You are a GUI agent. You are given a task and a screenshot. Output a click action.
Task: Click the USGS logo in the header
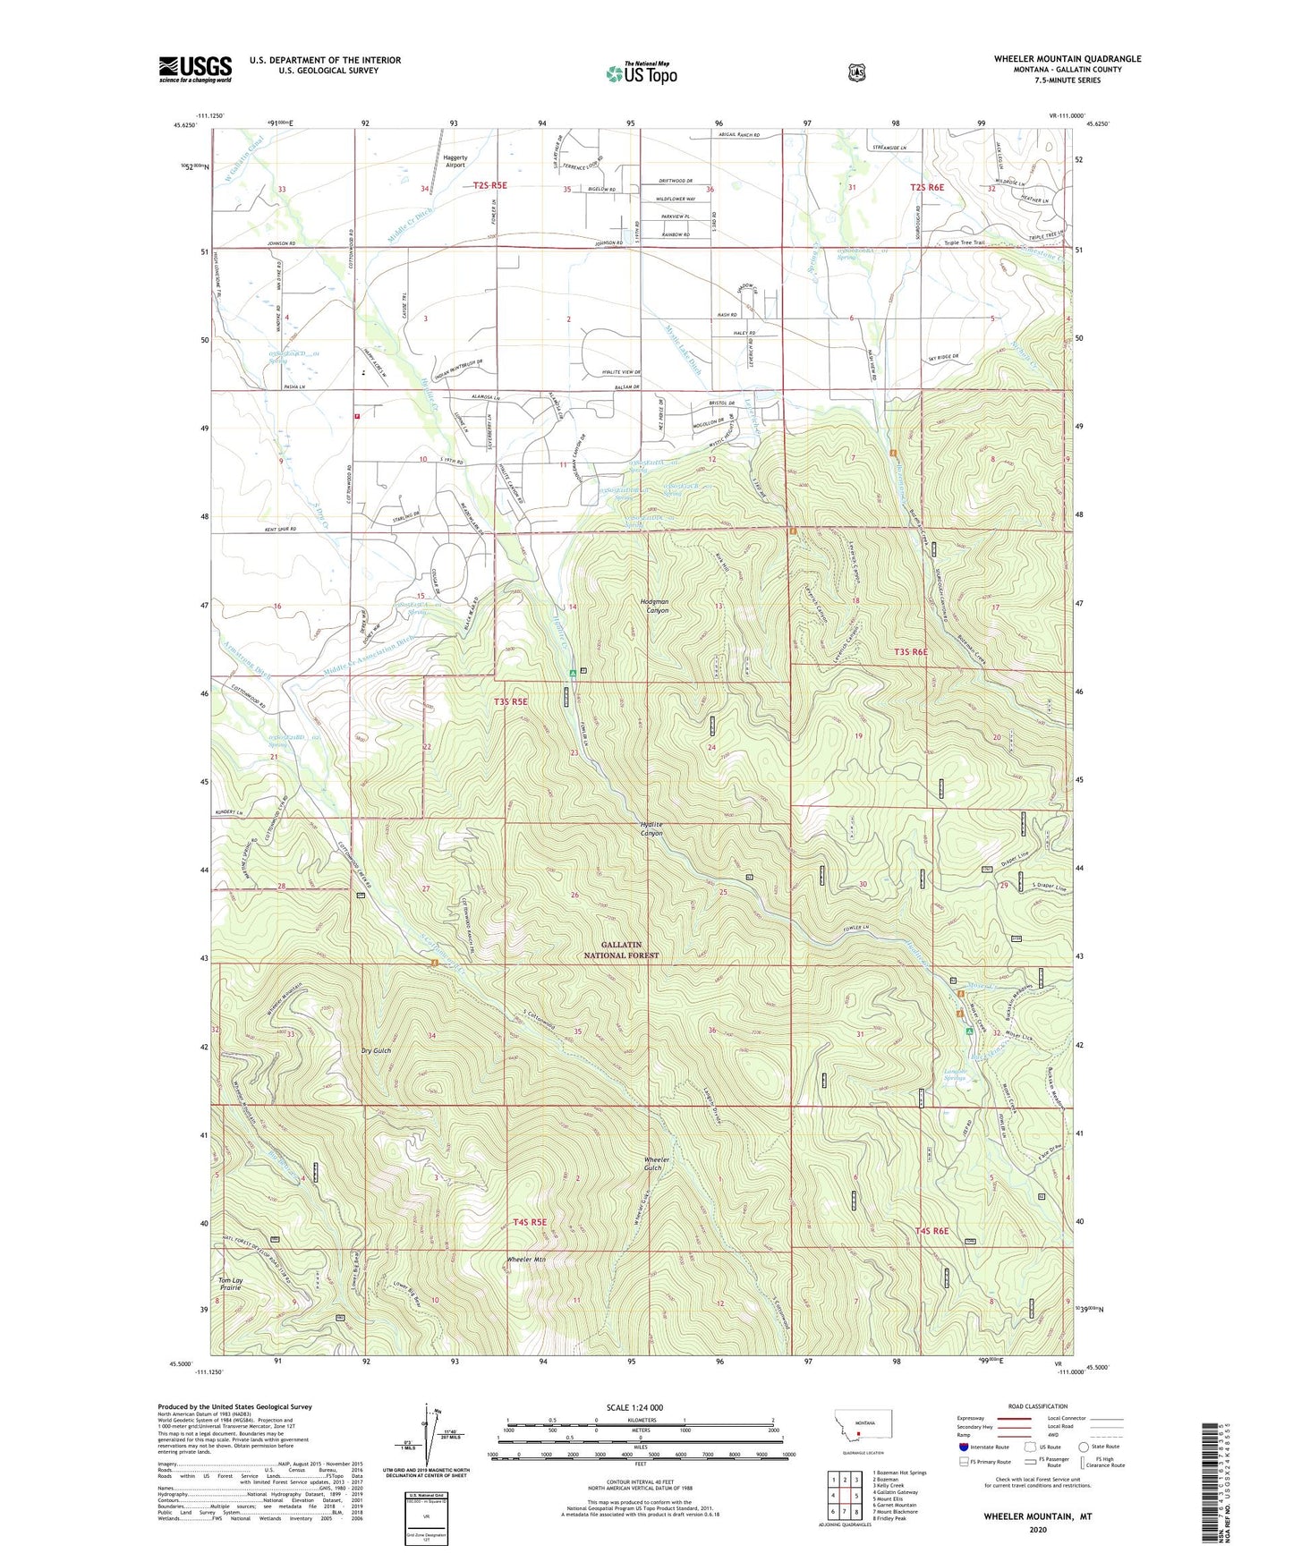[x=195, y=69]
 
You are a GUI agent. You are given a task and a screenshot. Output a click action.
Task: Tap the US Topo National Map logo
[x=640, y=73]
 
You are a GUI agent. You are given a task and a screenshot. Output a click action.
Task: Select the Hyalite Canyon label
[x=651, y=829]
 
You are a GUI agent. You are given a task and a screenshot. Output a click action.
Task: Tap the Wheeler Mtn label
[x=527, y=1260]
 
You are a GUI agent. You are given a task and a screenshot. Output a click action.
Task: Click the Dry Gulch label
[x=376, y=1051]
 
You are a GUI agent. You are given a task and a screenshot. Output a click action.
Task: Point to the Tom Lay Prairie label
[x=230, y=1284]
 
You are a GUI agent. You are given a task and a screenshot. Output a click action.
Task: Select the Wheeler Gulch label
[x=653, y=1164]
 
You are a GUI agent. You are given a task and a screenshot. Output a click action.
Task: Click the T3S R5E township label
[x=510, y=702]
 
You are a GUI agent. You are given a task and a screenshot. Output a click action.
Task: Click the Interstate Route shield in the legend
[x=963, y=1447]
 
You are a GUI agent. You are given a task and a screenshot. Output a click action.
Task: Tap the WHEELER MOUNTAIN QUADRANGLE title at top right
[x=1067, y=59]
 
